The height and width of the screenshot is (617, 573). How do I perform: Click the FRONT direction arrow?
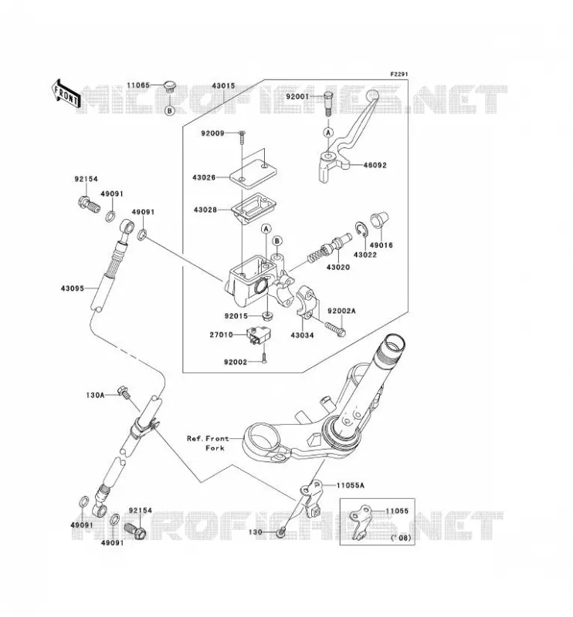[x=66, y=93]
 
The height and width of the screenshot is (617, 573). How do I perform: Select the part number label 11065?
[x=138, y=85]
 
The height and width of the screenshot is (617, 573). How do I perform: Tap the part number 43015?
[x=223, y=86]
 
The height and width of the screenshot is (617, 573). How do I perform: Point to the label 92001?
[x=297, y=96]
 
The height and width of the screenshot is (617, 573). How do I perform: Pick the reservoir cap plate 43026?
[x=253, y=172]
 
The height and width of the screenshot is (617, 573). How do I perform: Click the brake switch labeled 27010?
[x=259, y=335]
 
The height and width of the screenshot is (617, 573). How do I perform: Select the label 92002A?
[x=341, y=312]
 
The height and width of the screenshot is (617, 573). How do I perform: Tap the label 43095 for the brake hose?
[x=72, y=288]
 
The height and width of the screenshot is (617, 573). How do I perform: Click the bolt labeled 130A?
[x=124, y=392]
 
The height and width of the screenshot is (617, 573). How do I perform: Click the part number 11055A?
[x=351, y=486]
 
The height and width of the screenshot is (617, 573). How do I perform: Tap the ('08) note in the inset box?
[x=400, y=538]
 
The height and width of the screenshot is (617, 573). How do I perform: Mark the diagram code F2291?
[x=399, y=74]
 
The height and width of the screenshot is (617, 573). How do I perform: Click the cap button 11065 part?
[x=169, y=86]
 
